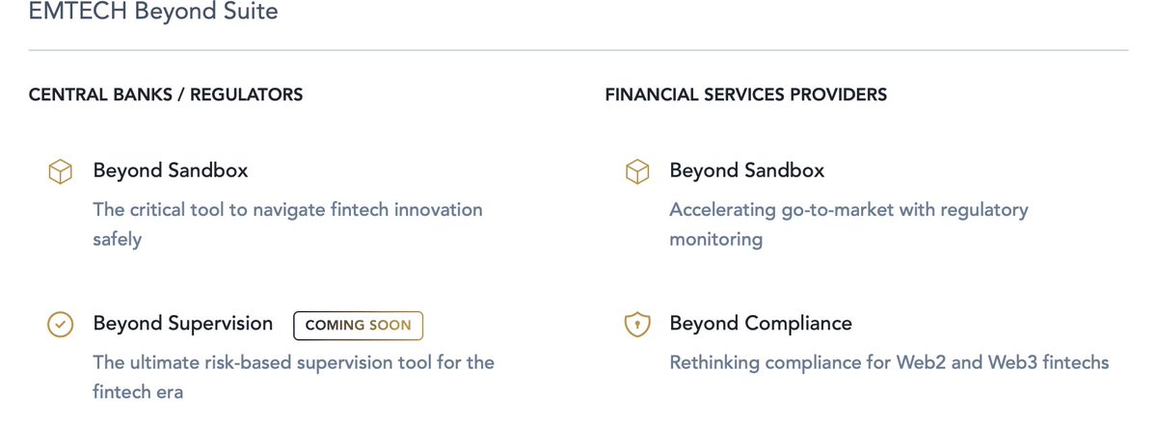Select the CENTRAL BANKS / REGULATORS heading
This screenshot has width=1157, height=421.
[x=166, y=94]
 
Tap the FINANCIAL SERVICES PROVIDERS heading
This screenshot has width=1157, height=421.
[x=746, y=94]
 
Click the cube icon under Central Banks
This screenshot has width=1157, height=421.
[x=61, y=171]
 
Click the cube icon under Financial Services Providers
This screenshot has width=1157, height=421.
[x=637, y=171]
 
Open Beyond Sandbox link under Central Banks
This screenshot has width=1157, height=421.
[x=171, y=171]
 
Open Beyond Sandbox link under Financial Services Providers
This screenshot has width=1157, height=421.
[x=747, y=171]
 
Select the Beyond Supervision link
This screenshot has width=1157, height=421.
[x=183, y=324]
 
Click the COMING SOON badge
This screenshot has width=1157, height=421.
[x=358, y=326]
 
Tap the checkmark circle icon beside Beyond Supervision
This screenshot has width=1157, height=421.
[x=61, y=326]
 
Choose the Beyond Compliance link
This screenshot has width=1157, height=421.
[x=761, y=324]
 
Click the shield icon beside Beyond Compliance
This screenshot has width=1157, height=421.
[x=637, y=326]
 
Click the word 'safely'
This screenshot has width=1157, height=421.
[x=117, y=239]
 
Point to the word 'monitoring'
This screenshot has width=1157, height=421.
[x=715, y=239]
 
